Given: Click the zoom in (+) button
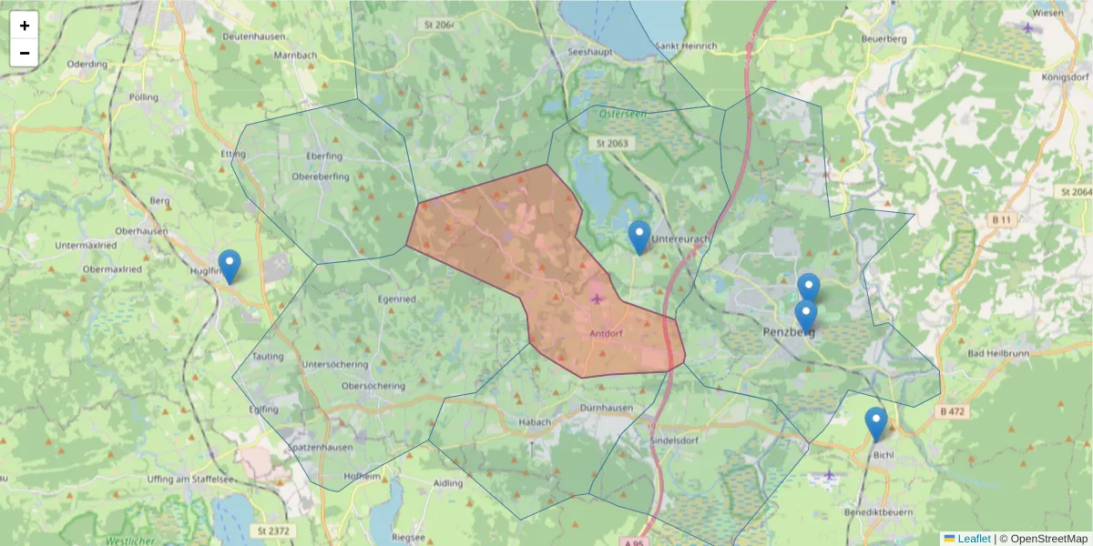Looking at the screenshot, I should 25,25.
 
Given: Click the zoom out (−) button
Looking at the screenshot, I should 25,53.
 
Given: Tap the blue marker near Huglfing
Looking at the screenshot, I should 230,267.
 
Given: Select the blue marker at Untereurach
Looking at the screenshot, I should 639,237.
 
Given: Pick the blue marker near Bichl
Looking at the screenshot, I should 875,424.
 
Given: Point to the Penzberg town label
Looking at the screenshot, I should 786,333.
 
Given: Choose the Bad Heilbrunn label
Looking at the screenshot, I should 993,352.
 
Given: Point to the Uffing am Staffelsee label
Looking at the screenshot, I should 185,479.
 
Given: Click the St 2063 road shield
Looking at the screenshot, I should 613,144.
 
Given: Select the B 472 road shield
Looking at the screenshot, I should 951,411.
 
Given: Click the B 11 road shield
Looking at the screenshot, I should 1002,220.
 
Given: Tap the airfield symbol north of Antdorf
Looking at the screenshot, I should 598,298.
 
